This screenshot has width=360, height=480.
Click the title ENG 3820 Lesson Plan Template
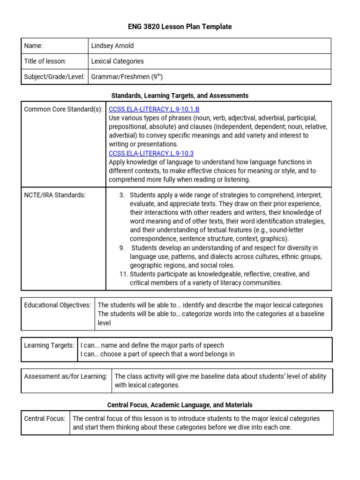pos(180,27)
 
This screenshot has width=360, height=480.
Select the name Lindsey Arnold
pos(112,46)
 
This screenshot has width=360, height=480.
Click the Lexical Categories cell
pos(117,61)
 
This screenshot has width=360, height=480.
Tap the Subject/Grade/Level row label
pos(54,77)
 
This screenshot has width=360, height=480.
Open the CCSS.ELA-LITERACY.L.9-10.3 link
pos(151,153)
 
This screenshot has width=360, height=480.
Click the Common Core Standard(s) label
pos(63,109)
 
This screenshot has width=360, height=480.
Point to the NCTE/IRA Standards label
pos(55,195)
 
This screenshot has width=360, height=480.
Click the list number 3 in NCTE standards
pos(122,195)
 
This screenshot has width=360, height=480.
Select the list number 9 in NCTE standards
pos(122,248)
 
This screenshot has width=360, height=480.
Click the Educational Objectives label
pos(58,305)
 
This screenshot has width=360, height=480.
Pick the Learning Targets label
pos(49,345)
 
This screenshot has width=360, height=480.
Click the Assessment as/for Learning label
pos(66,376)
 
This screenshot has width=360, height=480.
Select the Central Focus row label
pos(45,419)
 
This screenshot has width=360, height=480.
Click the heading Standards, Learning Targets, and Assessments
pos(180,96)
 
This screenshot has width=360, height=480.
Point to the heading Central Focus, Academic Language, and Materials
pos(180,405)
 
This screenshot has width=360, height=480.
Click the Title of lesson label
pos(45,61)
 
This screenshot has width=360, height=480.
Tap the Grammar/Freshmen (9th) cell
pos(127,77)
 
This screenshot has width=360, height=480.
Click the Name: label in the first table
pos(33,46)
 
